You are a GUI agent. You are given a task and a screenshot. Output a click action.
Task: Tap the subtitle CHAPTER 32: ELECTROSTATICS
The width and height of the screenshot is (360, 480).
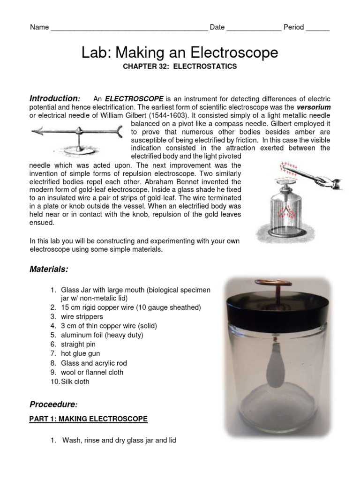click(180, 67)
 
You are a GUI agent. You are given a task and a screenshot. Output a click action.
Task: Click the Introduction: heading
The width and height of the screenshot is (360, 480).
click(55, 98)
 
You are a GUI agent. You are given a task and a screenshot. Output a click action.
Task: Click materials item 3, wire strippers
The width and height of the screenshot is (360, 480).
click(82, 316)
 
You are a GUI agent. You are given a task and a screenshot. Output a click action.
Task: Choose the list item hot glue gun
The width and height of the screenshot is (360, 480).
click(80, 353)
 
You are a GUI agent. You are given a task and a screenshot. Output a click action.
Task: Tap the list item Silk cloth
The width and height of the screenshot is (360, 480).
click(75, 382)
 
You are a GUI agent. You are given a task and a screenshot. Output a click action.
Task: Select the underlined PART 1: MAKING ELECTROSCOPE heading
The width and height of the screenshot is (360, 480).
click(89, 419)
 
